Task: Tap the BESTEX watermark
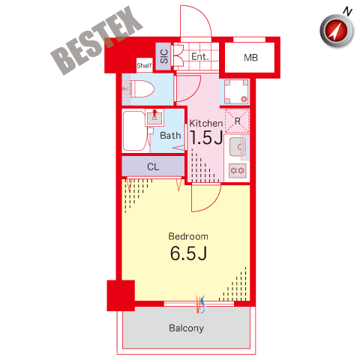click(x=96, y=40)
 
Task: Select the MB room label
click(x=250, y=58)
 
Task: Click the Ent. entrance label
click(x=200, y=57)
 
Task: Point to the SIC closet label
click(x=164, y=56)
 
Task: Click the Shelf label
click(x=144, y=65)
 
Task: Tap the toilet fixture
click(x=139, y=88)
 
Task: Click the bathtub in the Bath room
click(x=134, y=130)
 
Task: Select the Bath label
click(x=170, y=136)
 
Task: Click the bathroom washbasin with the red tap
click(x=154, y=118)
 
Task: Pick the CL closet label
click(x=153, y=166)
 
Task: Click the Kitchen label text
click(x=206, y=123)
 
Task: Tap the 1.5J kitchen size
click(x=206, y=137)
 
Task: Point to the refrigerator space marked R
click(x=237, y=121)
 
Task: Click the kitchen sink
click(x=238, y=147)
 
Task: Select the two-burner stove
click(x=238, y=171)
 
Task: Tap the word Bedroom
click(x=188, y=236)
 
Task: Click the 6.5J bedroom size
click(x=188, y=253)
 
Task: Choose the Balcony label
click(x=187, y=328)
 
